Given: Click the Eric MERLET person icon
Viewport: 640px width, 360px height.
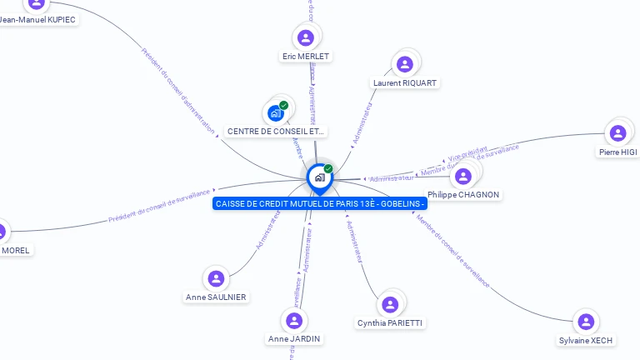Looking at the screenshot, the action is pyautogui.click(x=306, y=37).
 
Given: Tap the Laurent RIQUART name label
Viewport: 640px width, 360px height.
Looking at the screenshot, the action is pyautogui.click(x=405, y=83).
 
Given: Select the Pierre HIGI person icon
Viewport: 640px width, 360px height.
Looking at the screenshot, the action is pyautogui.click(x=617, y=133).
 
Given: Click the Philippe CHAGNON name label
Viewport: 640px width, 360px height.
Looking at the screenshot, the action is pyautogui.click(x=463, y=195).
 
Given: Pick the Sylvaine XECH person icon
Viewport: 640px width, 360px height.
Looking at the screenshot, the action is pyautogui.click(x=586, y=322).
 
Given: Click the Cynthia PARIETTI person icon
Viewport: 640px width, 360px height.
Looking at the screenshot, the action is pyautogui.click(x=389, y=304).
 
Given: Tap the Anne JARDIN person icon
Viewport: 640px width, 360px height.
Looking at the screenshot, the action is pyautogui.click(x=293, y=320).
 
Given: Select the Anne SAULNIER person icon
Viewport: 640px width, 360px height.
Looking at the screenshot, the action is pyautogui.click(x=216, y=278).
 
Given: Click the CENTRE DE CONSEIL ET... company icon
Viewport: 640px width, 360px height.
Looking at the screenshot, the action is pyautogui.click(x=276, y=112).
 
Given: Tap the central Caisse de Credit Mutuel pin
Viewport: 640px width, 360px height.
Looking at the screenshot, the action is pyautogui.click(x=318, y=177).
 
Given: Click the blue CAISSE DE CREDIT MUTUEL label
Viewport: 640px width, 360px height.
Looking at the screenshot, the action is pyautogui.click(x=320, y=204).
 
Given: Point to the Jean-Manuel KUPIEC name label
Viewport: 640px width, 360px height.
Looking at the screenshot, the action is pyautogui.click(x=39, y=18).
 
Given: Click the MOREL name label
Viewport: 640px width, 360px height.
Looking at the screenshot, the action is pyautogui.click(x=17, y=250).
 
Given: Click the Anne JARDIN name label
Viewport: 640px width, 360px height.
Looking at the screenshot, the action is pyautogui.click(x=294, y=339).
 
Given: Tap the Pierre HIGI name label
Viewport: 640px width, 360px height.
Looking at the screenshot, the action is pyautogui.click(x=617, y=152).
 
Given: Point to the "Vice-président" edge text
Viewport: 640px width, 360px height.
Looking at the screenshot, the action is pyautogui.click(x=467, y=153).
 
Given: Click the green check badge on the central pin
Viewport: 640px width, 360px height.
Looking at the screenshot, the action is pyautogui.click(x=328, y=169).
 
